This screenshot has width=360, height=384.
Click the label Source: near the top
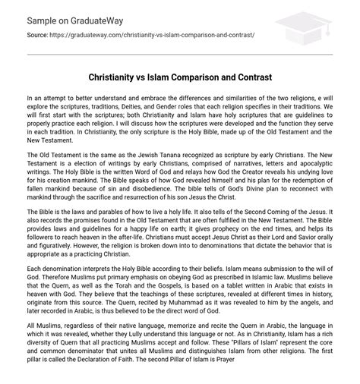click(39, 35)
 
